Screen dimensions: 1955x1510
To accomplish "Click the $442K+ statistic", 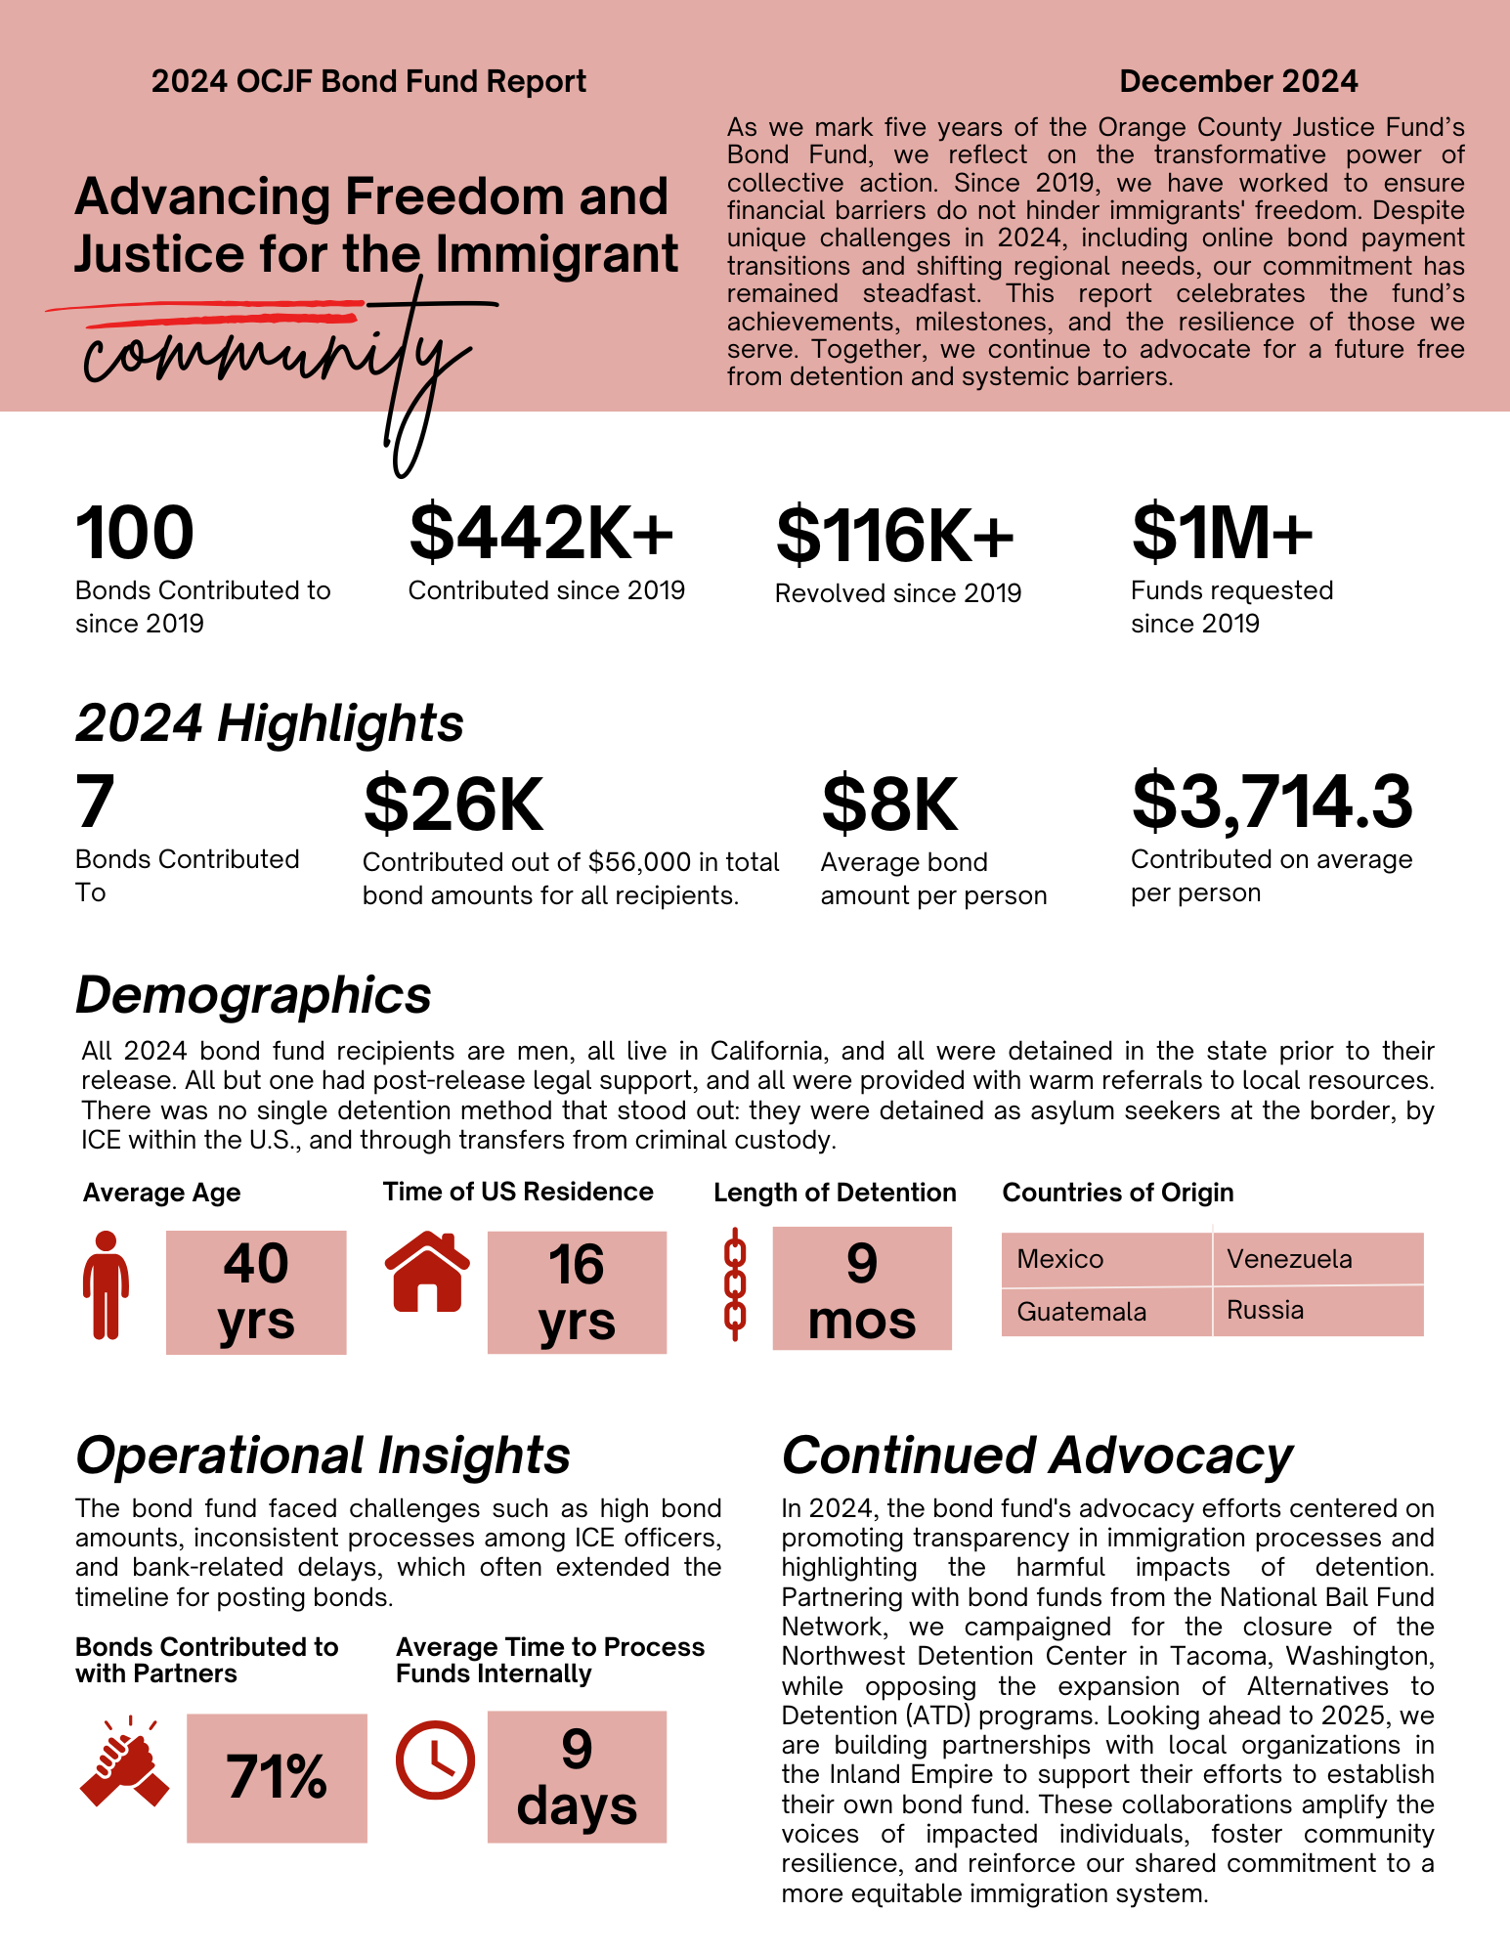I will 541,533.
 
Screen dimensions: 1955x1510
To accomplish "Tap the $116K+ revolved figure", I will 894,536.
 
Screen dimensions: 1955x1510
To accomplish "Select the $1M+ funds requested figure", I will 1222,533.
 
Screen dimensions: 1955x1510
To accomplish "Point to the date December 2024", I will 1238,81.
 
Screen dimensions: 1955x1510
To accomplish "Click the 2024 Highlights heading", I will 270,723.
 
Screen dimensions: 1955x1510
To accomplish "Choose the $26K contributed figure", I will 453,804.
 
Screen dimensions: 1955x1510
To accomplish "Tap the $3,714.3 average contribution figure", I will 1272,802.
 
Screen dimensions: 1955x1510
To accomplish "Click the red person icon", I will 106,1283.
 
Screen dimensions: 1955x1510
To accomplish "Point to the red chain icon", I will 735,1284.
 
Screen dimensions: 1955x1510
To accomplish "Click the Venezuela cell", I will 1317,1259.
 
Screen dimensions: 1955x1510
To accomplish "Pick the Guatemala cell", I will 1106,1312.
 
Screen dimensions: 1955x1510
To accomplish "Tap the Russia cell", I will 1317,1311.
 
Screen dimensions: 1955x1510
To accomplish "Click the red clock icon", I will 435,1759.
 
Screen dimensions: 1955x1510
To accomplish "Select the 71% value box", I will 277,1777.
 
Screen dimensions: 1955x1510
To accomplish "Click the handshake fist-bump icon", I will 124,1761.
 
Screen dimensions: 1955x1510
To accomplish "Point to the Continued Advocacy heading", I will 1036,1455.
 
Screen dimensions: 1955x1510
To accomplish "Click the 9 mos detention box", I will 862,1288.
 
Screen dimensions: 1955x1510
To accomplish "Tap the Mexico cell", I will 1106,1259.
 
